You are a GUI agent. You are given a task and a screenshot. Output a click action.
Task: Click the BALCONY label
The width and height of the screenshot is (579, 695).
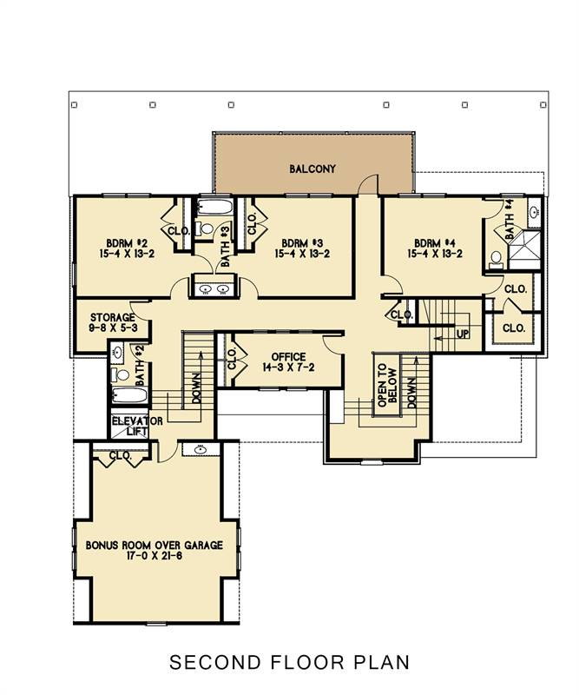[312, 169]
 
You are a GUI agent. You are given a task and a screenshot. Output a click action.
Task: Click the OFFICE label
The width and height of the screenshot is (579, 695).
[288, 356]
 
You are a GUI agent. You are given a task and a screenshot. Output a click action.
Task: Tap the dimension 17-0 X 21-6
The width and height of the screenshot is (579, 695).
[155, 558]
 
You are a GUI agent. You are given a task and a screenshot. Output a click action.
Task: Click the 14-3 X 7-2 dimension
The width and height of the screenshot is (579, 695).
[288, 368]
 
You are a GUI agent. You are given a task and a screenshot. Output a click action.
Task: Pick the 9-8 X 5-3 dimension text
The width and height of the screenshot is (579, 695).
[109, 328]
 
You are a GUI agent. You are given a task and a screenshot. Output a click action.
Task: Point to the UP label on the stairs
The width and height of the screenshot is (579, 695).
[463, 333]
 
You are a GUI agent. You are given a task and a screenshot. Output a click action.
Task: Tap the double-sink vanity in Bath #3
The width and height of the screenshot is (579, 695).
[213, 288]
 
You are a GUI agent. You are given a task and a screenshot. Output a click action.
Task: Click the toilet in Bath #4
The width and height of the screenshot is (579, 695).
[496, 258]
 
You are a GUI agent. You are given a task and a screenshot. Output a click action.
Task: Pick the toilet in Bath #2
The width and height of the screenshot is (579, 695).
[122, 375]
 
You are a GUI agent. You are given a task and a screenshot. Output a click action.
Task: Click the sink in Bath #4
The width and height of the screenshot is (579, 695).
[534, 211]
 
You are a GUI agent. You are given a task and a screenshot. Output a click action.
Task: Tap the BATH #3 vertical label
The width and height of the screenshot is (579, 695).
[224, 244]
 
